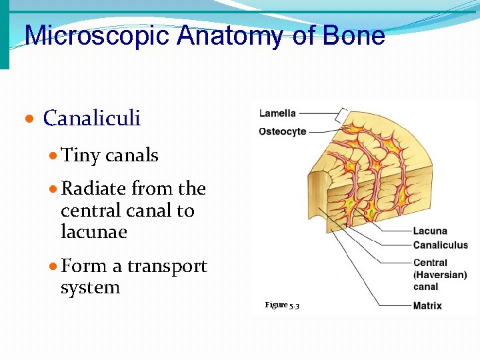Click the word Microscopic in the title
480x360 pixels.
click(x=97, y=36)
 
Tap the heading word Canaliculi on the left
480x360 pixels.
click(x=92, y=118)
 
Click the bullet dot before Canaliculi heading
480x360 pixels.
click(x=29, y=119)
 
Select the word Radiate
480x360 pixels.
click(x=94, y=189)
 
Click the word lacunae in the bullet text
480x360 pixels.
click(x=93, y=232)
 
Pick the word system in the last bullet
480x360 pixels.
click(x=90, y=288)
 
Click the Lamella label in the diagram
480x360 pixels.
click(x=277, y=113)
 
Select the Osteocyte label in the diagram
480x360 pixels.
click(x=283, y=131)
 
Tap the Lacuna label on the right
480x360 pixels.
click(x=430, y=231)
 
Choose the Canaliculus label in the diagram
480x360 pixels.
click(x=440, y=245)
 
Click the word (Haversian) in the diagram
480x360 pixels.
click(x=440, y=275)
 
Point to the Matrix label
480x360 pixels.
click(x=427, y=306)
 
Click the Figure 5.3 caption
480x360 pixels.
click(x=282, y=305)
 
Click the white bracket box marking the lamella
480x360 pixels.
click(x=345, y=115)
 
